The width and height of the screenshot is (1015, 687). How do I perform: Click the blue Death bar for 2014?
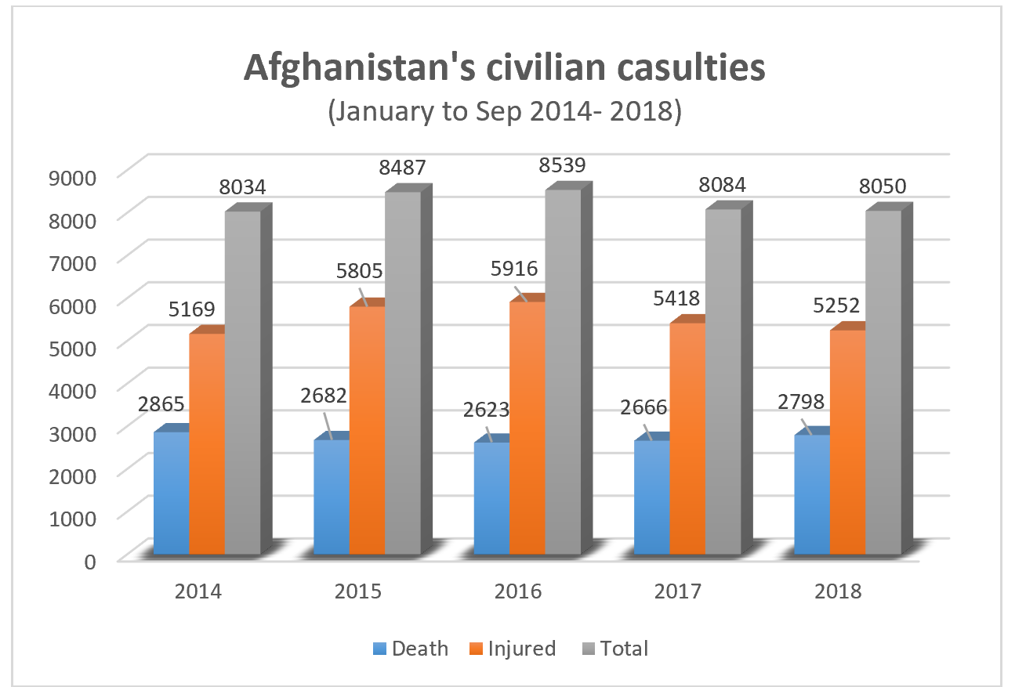[172, 494]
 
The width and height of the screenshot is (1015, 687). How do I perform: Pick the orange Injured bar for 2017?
[687, 439]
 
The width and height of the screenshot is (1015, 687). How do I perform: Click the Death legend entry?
[411, 649]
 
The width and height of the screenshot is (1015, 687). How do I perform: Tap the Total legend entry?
[616, 649]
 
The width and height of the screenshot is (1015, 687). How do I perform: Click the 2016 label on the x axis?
[518, 591]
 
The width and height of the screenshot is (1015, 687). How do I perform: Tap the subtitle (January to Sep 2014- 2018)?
[505, 110]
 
